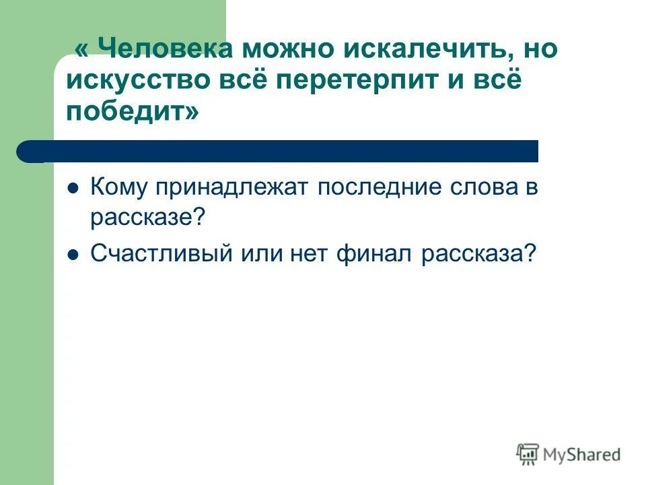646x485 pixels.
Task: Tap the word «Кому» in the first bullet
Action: (x=118, y=188)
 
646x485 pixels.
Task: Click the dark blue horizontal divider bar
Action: (x=283, y=151)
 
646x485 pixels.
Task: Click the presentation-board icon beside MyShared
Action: (x=528, y=454)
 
